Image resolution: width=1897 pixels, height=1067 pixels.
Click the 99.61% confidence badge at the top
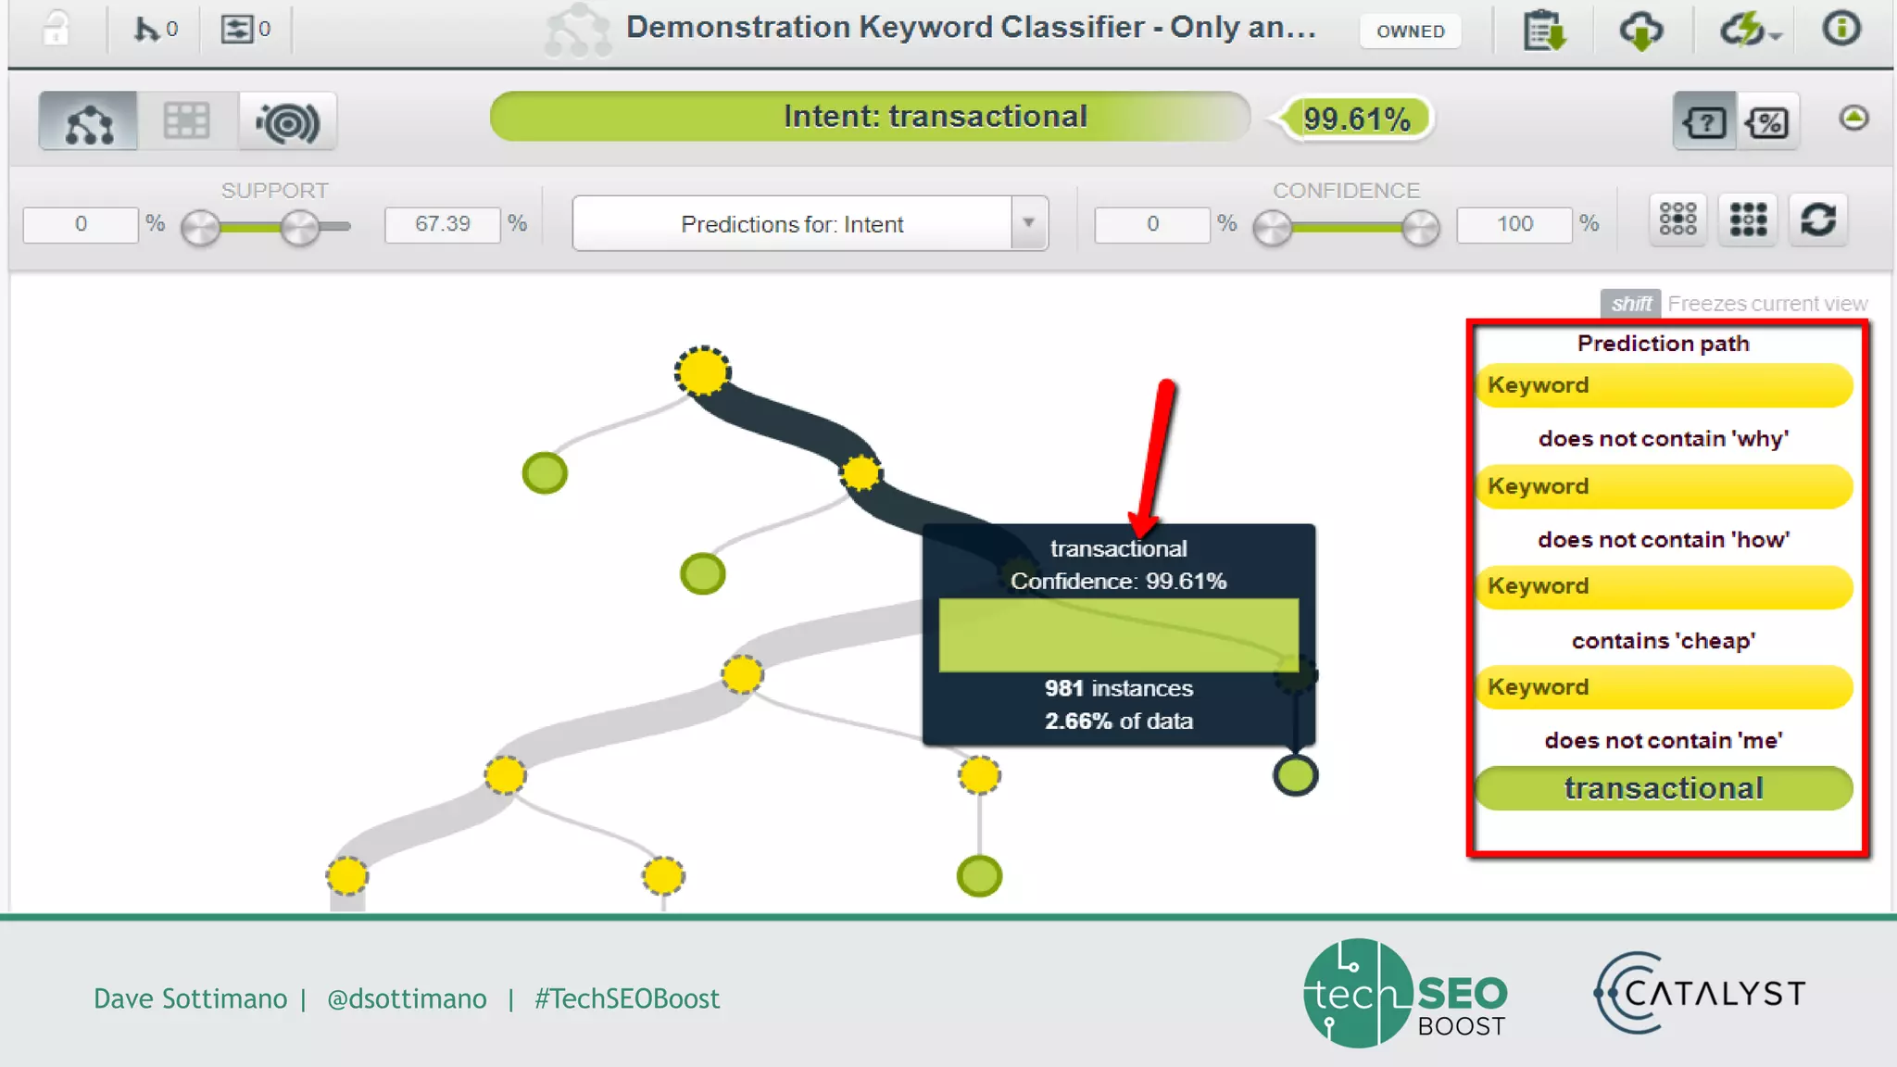coord(1356,119)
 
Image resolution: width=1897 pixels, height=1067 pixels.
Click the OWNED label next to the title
coord(1410,31)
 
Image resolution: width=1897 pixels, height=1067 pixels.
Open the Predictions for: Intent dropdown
coord(1028,223)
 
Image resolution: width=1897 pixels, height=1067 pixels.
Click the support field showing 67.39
coord(442,224)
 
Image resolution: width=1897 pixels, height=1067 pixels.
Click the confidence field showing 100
coord(1514,224)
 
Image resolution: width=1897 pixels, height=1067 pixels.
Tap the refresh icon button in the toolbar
coord(1817,220)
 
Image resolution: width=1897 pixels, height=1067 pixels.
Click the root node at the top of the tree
coord(702,371)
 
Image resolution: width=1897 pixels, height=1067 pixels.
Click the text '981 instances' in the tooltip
coord(1118,688)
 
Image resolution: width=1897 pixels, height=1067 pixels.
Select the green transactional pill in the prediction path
coord(1664,788)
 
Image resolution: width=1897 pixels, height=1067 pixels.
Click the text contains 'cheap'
coord(1664,641)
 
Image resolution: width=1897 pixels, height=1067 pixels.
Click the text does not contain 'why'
coord(1664,439)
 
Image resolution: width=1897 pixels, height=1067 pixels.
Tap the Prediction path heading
coord(1664,344)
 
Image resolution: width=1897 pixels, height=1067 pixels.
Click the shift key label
coord(1630,304)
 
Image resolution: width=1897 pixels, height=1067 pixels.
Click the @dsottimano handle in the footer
coord(407,998)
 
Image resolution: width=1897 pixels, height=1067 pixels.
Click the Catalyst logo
coord(1699,993)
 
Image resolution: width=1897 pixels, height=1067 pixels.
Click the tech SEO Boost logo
coord(1405,993)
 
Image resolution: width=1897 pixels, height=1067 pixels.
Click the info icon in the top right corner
coord(1840,29)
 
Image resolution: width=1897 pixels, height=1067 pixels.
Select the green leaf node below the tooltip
coord(1295,775)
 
